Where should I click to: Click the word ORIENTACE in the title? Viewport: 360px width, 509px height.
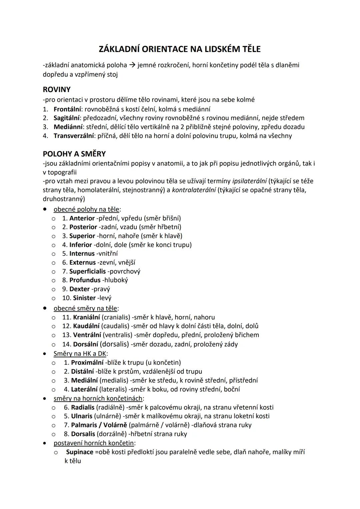click(x=164, y=49)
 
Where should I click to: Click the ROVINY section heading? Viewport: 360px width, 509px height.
click(x=57, y=90)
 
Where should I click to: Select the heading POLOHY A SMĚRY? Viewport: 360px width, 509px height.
click(x=74, y=154)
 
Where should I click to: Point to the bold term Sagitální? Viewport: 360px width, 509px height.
click(x=67, y=118)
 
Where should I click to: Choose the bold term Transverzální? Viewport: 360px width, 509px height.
click(x=74, y=136)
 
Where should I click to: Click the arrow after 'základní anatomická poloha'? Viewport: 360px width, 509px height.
click(x=132, y=65)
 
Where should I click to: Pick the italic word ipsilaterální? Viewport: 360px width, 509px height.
click(x=249, y=181)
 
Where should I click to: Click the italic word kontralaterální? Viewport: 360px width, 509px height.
click(x=194, y=190)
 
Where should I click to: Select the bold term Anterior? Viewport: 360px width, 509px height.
click(x=82, y=218)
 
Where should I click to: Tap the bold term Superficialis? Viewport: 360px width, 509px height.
click(x=87, y=272)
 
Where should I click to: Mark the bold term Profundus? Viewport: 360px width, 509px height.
click(x=85, y=280)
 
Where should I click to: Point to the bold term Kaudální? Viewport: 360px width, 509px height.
click(x=86, y=326)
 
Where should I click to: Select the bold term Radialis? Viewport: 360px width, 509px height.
click(x=83, y=407)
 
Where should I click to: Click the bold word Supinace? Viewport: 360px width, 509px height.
click(x=80, y=452)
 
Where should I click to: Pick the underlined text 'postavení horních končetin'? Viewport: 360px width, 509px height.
click(x=94, y=443)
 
